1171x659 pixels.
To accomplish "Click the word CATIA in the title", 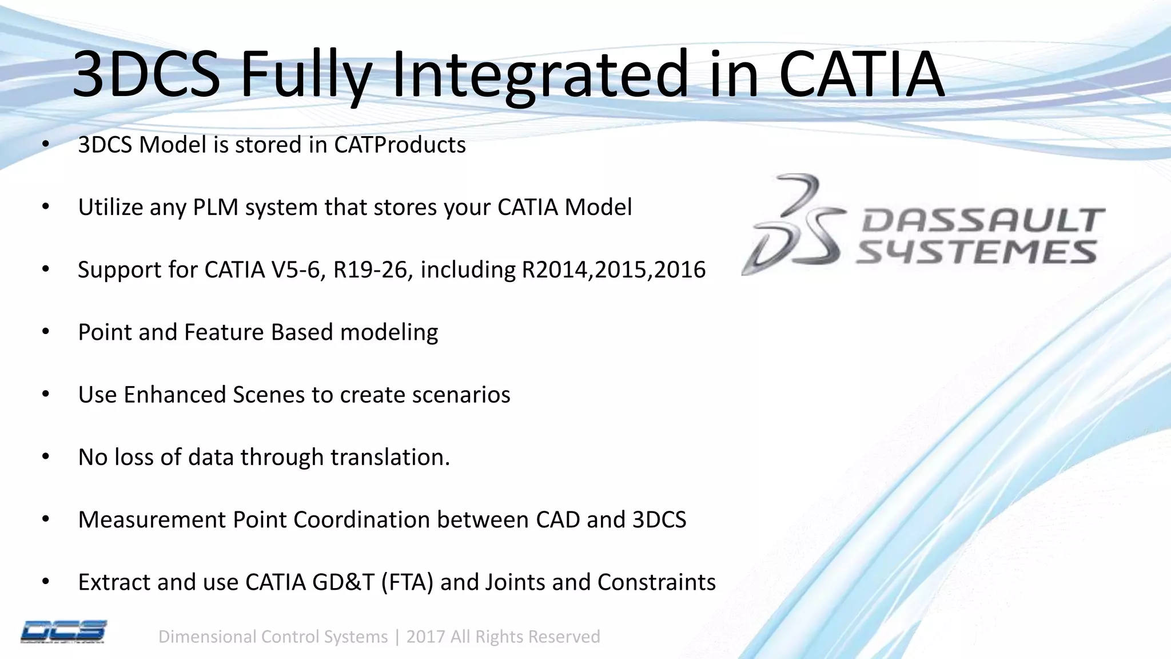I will (861, 74).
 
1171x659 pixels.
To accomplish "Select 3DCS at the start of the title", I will (146, 74).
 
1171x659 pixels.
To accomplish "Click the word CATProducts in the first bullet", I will (400, 145).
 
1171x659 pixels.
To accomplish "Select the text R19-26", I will (372, 269).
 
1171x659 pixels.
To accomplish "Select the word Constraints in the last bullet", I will (656, 582).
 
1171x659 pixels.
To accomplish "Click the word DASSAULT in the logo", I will (982, 220).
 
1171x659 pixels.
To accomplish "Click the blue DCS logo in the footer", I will (63, 632).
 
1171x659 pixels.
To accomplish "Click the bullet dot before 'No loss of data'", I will (46, 457).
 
